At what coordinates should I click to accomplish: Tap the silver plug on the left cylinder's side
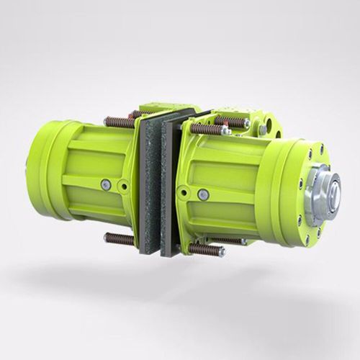click(106, 185)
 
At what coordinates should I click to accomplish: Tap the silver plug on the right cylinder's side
click(203, 194)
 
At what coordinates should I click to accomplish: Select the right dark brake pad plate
click(171, 189)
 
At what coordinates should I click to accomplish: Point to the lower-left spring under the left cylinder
click(120, 238)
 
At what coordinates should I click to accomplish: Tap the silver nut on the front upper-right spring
click(225, 131)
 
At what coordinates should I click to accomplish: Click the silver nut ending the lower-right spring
click(221, 252)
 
